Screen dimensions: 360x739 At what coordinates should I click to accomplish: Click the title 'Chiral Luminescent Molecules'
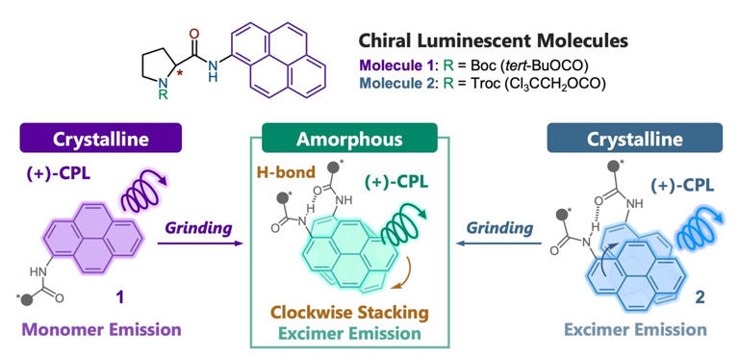point(493,41)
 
